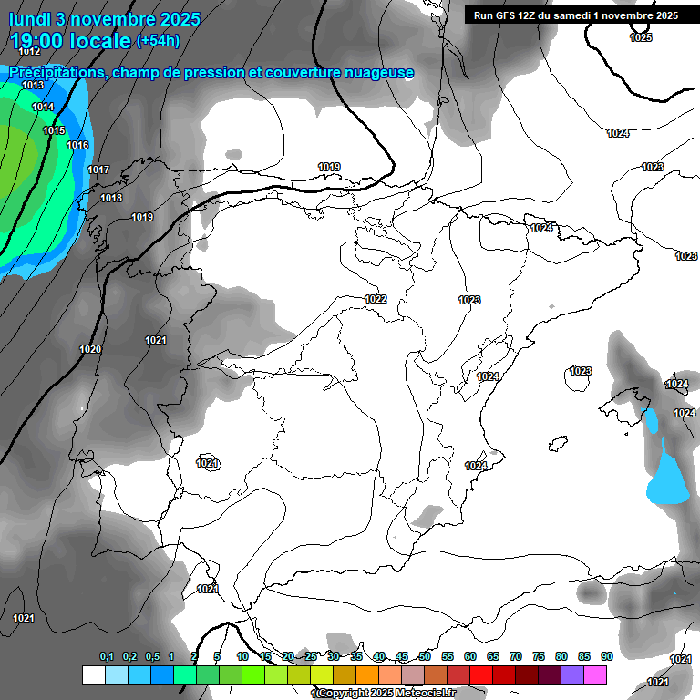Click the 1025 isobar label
click(x=641, y=37)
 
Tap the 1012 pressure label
click(x=29, y=52)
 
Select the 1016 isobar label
click(x=77, y=145)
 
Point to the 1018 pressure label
click(x=111, y=198)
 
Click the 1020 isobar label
click(x=90, y=349)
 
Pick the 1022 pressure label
click(x=376, y=299)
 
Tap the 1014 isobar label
click(x=43, y=107)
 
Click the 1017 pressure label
click(x=98, y=170)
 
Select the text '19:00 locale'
click(x=69, y=40)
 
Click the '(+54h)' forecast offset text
click(x=158, y=40)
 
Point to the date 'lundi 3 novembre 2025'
click(x=105, y=17)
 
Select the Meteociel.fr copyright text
click(x=384, y=693)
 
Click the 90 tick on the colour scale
click(x=606, y=656)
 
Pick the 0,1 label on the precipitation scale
click(x=107, y=656)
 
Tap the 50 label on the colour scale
click(x=425, y=656)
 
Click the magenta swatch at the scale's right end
click(x=595, y=674)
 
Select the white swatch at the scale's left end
click(x=93, y=674)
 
